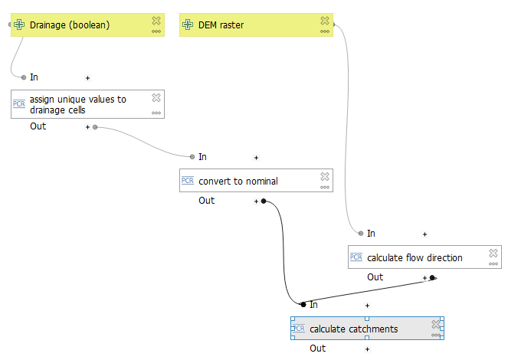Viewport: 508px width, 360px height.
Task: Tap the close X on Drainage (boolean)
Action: (x=156, y=21)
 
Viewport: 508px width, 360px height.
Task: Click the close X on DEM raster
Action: (x=325, y=21)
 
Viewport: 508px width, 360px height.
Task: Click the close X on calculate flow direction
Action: (x=493, y=253)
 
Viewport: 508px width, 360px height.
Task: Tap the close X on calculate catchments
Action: (x=436, y=324)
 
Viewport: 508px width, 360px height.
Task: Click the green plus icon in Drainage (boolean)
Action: (x=19, y=25)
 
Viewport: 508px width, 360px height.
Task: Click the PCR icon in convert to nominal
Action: (x=188, y=182)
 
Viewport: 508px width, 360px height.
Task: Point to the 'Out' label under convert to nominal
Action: (x=207, y=201)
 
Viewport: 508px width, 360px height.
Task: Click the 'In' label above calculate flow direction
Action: (x=371, y=234)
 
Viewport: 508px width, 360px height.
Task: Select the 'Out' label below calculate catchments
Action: (x=317, y=349)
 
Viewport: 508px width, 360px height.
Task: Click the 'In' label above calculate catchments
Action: (x=313, y=305)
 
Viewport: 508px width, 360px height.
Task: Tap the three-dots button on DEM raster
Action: (x=325, y=32)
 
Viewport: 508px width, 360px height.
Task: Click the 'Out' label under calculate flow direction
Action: (x=375, y=277)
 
